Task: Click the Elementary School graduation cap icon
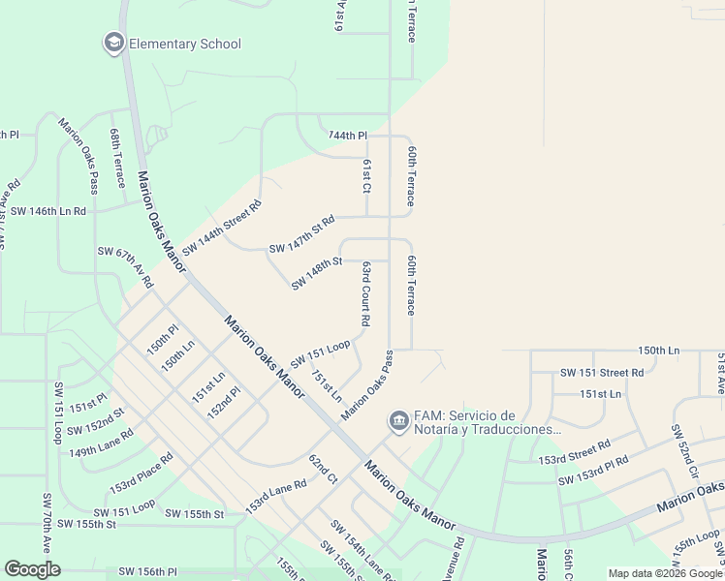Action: coord(114,44)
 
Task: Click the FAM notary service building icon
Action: coord(398,421)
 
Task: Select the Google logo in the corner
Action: coord(32,569)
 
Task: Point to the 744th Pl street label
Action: coord(349,136)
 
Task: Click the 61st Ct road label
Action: coord(367,175)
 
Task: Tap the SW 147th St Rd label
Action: coord(301,235)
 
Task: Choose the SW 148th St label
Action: coord(317,273)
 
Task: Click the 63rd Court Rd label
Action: coord(365,292)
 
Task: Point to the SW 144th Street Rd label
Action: coord(222,227)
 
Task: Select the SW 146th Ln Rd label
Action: coord(47,210)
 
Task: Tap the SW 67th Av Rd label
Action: coord(125,266)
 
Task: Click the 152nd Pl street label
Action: coord(222,401)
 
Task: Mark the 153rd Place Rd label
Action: coord(141,472)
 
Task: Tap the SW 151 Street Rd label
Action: coord(602,372)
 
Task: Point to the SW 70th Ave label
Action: coord(46,523)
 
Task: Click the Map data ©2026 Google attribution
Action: coord(666,573)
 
